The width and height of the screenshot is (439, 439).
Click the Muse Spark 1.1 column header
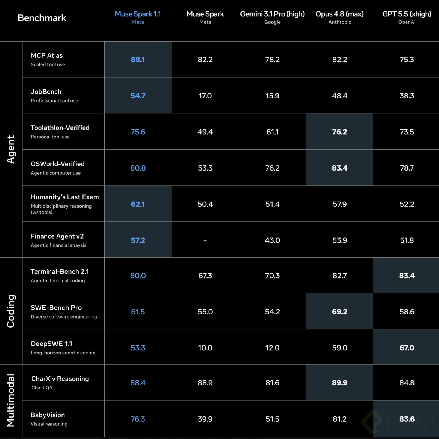click(x=138, y=14)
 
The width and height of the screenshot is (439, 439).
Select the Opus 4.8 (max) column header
click(x=339, y=14)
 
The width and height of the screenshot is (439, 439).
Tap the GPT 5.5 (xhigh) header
click(x=407, y=14)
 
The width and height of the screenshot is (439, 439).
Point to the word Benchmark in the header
click(x=42, y=18)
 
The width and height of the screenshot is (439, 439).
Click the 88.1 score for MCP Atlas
click(x=138, y=60)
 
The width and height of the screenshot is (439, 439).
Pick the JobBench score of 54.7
click(x=138, y=96)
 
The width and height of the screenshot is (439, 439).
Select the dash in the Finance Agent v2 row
click(x=205, y=240)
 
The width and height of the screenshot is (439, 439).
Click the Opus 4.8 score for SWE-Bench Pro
click(x=339, y=312)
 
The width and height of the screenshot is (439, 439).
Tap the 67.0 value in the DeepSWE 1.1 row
click(x=407, y=348)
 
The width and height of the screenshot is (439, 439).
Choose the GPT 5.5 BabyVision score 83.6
click(x=407, y=419)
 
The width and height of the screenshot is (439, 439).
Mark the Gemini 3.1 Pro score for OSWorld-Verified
click(x=272, y=168)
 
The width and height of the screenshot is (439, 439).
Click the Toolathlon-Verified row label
click(x=60, y=128)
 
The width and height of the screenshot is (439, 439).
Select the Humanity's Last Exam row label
click(x=65, y=197)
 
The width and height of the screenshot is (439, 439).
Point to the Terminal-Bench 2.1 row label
click(x=60, y=271)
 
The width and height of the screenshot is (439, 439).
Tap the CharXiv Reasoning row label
click(x=60, y=379)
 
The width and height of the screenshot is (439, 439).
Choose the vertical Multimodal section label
click(x=10, y=400)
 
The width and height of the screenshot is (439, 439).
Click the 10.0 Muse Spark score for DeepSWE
click(x=205, y=348)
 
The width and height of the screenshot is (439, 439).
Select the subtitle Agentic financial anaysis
click(x=58, y=245)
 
